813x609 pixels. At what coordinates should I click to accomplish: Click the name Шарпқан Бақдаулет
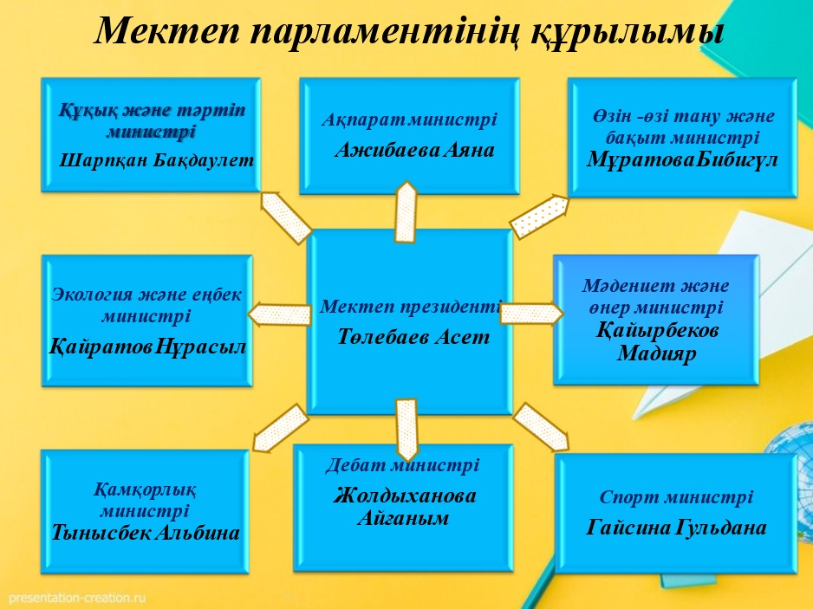(x=157, y=160)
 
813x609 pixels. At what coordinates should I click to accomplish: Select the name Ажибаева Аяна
(x=415, y=151)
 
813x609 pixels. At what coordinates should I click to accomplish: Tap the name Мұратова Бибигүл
(x=682, y=159)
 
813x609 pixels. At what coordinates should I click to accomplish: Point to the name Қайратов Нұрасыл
(x=147, y=347)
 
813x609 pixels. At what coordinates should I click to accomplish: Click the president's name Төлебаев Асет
(x=413, y=337)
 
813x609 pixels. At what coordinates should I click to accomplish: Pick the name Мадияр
(x=656, y=353)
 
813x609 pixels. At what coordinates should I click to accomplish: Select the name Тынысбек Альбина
(x=146, y=532)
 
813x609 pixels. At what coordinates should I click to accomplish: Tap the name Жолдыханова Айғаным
(x=404, y=507)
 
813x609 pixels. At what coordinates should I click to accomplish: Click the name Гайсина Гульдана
(x=677, y=528)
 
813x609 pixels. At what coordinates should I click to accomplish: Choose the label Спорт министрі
(x=676, y=497)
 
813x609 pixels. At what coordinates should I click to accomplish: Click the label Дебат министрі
(x=402, y=465)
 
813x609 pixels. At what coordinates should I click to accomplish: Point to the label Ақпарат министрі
(x=410, y=120)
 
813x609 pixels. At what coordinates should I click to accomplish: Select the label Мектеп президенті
(x=411, y=307)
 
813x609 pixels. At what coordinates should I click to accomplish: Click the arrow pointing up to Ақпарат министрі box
(x=406, y=212)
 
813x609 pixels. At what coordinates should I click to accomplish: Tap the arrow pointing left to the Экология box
(x=280, y=314)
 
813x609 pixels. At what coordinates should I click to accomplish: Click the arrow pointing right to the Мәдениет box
(x=531, y=313)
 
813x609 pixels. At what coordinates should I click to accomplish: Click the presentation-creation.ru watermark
(x=78, y=598)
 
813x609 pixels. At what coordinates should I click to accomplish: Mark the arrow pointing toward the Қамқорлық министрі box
(x=280, y=428)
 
